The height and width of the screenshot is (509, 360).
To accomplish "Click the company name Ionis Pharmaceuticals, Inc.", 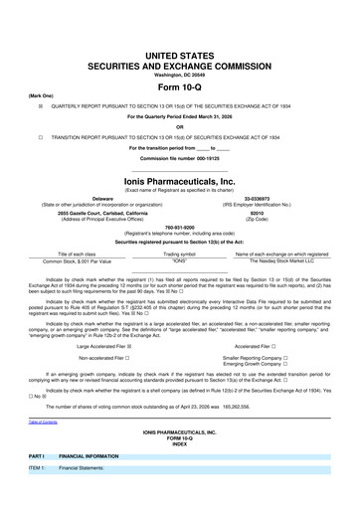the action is point(180,165).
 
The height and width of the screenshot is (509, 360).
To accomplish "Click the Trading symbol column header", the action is point(179,254).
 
